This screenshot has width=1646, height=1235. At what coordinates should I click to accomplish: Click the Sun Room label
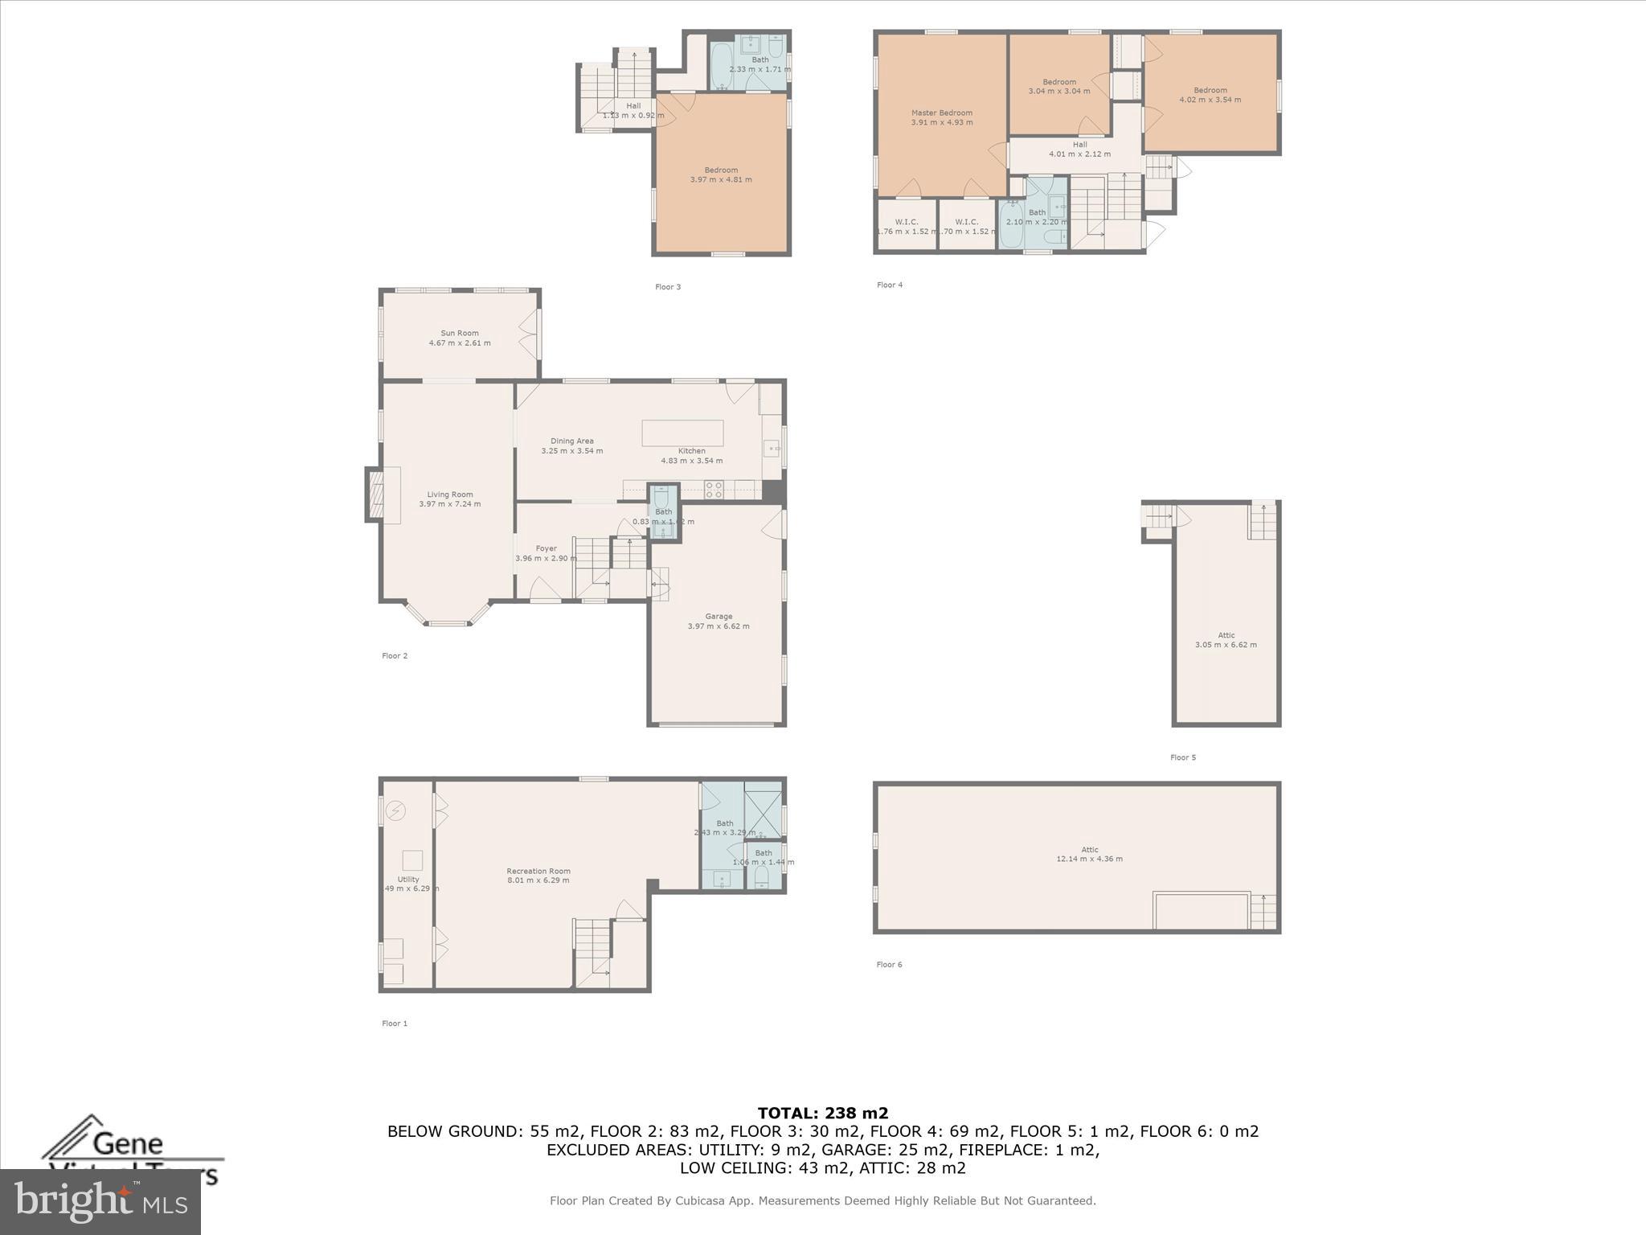coord(459,333)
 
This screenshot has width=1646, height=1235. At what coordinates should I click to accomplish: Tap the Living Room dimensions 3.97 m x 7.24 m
coord(449,504)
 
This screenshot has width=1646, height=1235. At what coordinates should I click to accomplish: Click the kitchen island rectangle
coord(682,433)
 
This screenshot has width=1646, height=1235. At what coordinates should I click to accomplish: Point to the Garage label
coord(719,616)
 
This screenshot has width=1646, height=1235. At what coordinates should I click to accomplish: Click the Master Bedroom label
coord(941,113)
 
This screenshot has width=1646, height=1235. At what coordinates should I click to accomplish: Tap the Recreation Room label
coord(538,871)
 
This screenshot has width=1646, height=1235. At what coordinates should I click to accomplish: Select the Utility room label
coord(407,879)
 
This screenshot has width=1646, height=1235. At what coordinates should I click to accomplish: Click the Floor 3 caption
coord(667,287)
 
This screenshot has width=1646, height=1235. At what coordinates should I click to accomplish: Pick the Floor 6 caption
coord(889,964)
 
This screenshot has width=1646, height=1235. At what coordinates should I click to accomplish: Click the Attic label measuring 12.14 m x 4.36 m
coord(1089,849)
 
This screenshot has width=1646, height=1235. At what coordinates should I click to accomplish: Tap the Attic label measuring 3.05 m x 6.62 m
coord(1226,635)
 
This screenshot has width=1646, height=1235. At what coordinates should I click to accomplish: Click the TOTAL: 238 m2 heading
coord(822,1113)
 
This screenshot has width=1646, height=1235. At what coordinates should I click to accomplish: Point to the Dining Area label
coord(571,441)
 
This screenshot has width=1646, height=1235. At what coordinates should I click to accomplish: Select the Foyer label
coord(546,548)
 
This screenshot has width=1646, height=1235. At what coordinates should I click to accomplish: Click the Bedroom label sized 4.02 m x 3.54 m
coord(1210,90)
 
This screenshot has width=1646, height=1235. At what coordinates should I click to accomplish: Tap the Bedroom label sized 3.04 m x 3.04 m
coord(1058,82)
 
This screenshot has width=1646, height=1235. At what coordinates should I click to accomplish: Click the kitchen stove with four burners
coord(714,489)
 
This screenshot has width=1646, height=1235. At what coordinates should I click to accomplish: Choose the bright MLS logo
coord(100,1201)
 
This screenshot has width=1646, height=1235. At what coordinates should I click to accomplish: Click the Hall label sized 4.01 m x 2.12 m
coord(1079,145)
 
